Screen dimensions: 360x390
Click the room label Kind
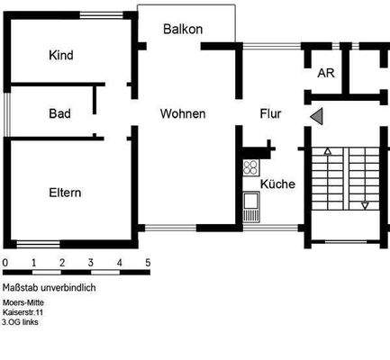click(62, 56)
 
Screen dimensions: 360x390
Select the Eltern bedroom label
click(65, 193)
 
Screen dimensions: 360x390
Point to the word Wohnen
click(183, 114)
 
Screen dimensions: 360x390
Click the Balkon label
click(183, 30)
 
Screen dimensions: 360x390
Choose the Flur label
click(270, 114)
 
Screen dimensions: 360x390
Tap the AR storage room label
click(326, 73)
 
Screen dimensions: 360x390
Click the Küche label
click(277, 184)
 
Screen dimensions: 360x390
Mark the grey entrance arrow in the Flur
click(315, 115)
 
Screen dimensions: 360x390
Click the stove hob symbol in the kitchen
click(250, 168)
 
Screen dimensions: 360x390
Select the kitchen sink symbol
click(250, 213)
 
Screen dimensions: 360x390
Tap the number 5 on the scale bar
click(148, 263)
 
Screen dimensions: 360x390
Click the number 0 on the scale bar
click(5, 263)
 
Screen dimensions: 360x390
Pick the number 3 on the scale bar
click(91, 263)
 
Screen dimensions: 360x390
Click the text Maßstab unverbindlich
click(49, 287)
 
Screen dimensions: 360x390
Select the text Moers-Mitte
click(23, 303)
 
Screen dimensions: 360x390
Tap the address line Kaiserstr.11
click(23, 312)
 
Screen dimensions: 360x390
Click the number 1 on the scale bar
click(33, 263)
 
